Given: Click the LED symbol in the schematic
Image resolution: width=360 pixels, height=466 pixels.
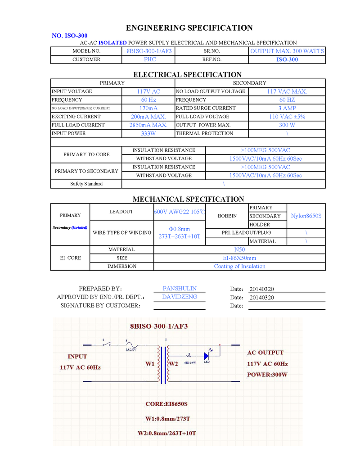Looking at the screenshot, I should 207,354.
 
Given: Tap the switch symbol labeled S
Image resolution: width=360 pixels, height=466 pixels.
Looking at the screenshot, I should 106,344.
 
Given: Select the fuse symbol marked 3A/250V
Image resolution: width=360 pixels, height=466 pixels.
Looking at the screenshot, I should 130,345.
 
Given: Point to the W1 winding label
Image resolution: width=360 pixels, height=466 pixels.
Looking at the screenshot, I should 150,363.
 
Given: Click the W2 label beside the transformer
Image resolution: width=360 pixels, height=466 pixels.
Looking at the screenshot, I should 174,363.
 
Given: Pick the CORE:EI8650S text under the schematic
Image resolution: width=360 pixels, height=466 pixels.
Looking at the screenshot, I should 166,404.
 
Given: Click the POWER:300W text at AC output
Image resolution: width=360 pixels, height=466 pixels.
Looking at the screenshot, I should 267,375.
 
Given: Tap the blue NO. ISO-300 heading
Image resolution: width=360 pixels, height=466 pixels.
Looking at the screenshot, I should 70,36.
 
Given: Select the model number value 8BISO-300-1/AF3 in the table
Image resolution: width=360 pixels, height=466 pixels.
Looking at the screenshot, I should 148,51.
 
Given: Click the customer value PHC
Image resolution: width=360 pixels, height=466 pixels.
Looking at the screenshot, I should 150,59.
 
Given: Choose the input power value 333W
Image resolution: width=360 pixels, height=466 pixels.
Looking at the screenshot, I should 148,133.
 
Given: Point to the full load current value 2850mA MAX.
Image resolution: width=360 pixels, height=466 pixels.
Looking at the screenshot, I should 148,125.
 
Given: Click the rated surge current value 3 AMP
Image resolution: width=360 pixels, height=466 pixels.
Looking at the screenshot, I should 287,108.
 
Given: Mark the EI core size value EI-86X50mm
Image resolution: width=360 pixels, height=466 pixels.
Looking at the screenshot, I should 239,258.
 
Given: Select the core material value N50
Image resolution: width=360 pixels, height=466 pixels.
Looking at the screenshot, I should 239,249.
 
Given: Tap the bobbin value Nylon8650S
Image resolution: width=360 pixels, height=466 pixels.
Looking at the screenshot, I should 306,216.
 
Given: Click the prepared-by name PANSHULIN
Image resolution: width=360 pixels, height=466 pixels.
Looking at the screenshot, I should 180,289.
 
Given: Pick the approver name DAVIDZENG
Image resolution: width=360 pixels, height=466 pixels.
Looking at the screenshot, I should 180,297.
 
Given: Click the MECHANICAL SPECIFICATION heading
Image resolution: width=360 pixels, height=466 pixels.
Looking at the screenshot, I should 188,199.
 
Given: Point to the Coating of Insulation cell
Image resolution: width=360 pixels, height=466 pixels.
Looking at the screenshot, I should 239,266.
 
